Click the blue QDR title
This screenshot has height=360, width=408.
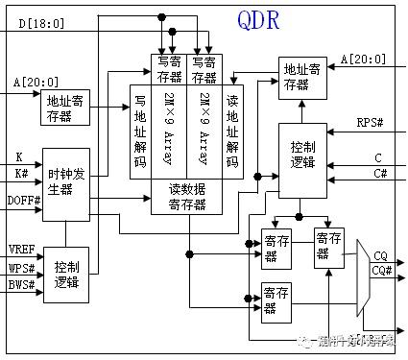coord(258,20)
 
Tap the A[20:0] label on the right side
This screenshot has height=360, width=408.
coord(363,60)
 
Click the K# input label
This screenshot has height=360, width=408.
coord(21,173)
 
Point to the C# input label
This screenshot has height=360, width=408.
coord(378,174)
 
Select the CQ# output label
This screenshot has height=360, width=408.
coord(381,272)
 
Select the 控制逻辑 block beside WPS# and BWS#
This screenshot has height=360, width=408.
coord(66,273)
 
